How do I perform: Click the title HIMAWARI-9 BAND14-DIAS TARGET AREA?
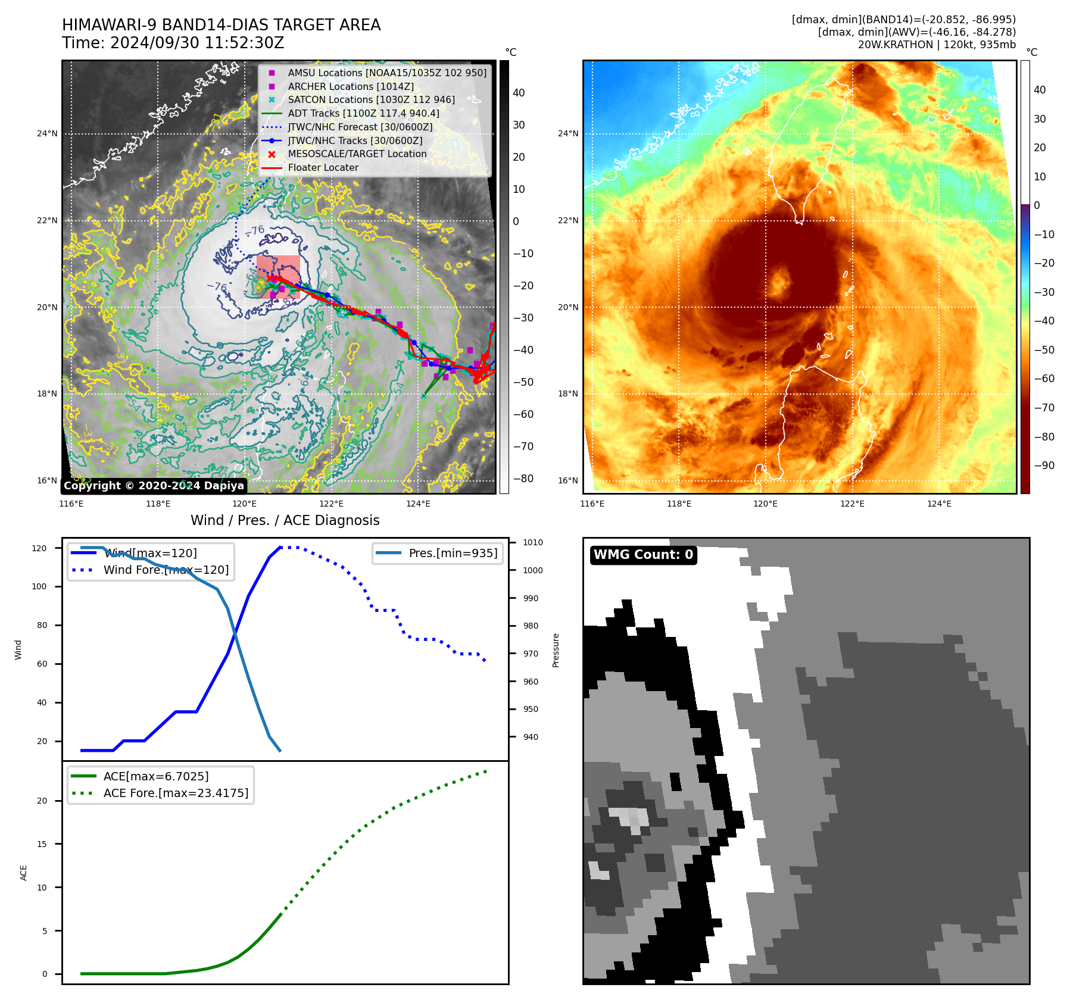(x=221, y=25)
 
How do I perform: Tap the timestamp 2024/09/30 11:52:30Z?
(x=196, y=43)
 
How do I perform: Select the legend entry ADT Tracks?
(x=363, y=113)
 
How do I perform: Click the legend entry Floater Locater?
(x=323, y=168)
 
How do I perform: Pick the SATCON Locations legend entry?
(x=371, y=99)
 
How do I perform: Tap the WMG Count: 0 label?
(x=643, y=555)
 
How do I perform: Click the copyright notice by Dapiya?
(x=154, y=486)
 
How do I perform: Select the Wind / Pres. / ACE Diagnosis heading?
(x=285, y=520)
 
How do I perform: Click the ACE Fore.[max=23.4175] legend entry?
(x=176, y=793)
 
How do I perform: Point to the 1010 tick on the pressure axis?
(x=532, y=542)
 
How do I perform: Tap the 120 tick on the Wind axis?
(x=39, y=548)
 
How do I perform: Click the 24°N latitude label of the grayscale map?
(x=47, y=133)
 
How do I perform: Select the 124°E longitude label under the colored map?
(x=939, y=504)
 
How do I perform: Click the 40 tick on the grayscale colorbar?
(x=519, y=93)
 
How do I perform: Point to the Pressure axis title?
(x=556, y=650)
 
